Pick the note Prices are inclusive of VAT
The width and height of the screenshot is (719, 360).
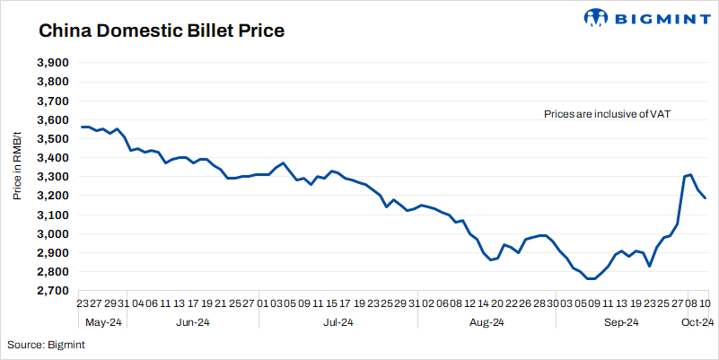pos(608,114)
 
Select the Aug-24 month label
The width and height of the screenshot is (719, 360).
pos(486,322)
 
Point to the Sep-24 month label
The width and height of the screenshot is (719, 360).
pos(619,322)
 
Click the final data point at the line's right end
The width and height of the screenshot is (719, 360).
pos(706,198)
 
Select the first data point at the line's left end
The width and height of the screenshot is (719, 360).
pos(81,127)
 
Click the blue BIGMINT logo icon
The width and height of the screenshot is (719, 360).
pos(596,17)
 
